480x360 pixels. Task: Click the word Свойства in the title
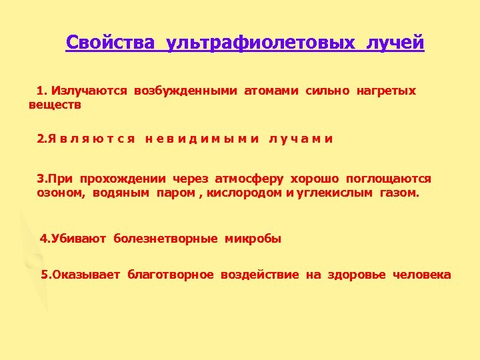click(x=110, y=43)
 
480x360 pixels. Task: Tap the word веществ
click(x=55, y=105)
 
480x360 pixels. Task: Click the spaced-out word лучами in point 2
click(x=301, y=139)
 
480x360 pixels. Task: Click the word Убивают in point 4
click(x=77, y=239)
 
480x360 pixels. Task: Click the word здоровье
click(x=357, y=275)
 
